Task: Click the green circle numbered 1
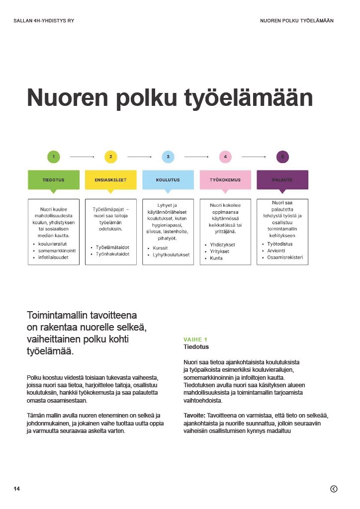click(x=53, y=157)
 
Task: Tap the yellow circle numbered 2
click(x=111, y=157)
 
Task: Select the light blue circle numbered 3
click(x=168, y=157)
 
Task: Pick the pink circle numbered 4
click(x=225, y=157)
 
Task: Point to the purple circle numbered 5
click(x=282, y=157)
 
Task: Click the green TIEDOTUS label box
click(x=54, y=179)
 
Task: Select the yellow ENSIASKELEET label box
click(x=111, y=179)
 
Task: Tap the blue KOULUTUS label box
click(x=168, y=179)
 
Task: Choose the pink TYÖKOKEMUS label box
click(x=225, y=179)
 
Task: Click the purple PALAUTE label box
click(x=282, y=179)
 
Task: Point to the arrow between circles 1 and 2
click(x=82, y=157)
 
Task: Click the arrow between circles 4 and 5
click(x=254, y=157)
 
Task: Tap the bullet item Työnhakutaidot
click(x=113, y=254)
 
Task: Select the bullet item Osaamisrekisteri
click(x=285, y=257)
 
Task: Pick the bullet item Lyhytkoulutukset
click(x=172, y=254)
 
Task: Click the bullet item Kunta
click(x=216, y=258)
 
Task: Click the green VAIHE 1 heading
click(x=195, y=339)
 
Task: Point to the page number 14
click(x=17, y=489)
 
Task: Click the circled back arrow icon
click(x=334, y=489)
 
